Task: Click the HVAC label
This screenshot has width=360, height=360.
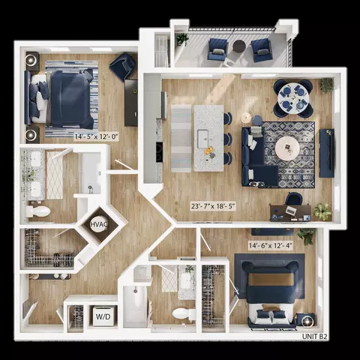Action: coord(98,224)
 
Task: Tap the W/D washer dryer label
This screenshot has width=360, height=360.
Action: coord(103,316)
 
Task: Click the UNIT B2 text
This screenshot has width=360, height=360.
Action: coord(314,337)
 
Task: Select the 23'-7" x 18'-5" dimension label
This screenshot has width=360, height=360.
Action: coord(213,206)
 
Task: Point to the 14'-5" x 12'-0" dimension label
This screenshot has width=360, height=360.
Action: coord(96,136)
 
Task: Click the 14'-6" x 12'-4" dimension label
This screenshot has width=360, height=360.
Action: coord(271,245)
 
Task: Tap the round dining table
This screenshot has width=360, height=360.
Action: coord(293,99)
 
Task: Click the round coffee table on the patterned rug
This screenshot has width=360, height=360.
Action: coord(287,148)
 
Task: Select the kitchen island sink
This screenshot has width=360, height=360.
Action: coord(203,139)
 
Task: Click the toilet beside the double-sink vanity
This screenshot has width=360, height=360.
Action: coord(38,211)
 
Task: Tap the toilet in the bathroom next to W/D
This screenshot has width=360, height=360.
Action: coord(184,314)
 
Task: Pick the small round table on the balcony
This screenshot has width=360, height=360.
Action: coord(239,46)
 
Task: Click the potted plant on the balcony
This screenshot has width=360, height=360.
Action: coord(182,40)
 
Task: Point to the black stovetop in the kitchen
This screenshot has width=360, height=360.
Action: coord(159,152)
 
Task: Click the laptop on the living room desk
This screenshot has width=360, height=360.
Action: coord(291,210)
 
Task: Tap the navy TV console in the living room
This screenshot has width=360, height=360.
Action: coord(327,153)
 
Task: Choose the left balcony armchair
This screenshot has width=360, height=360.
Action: coord(217,49)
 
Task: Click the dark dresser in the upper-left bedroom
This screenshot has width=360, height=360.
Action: coord(131,103)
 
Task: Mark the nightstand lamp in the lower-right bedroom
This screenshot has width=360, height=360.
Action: coord(307,319)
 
